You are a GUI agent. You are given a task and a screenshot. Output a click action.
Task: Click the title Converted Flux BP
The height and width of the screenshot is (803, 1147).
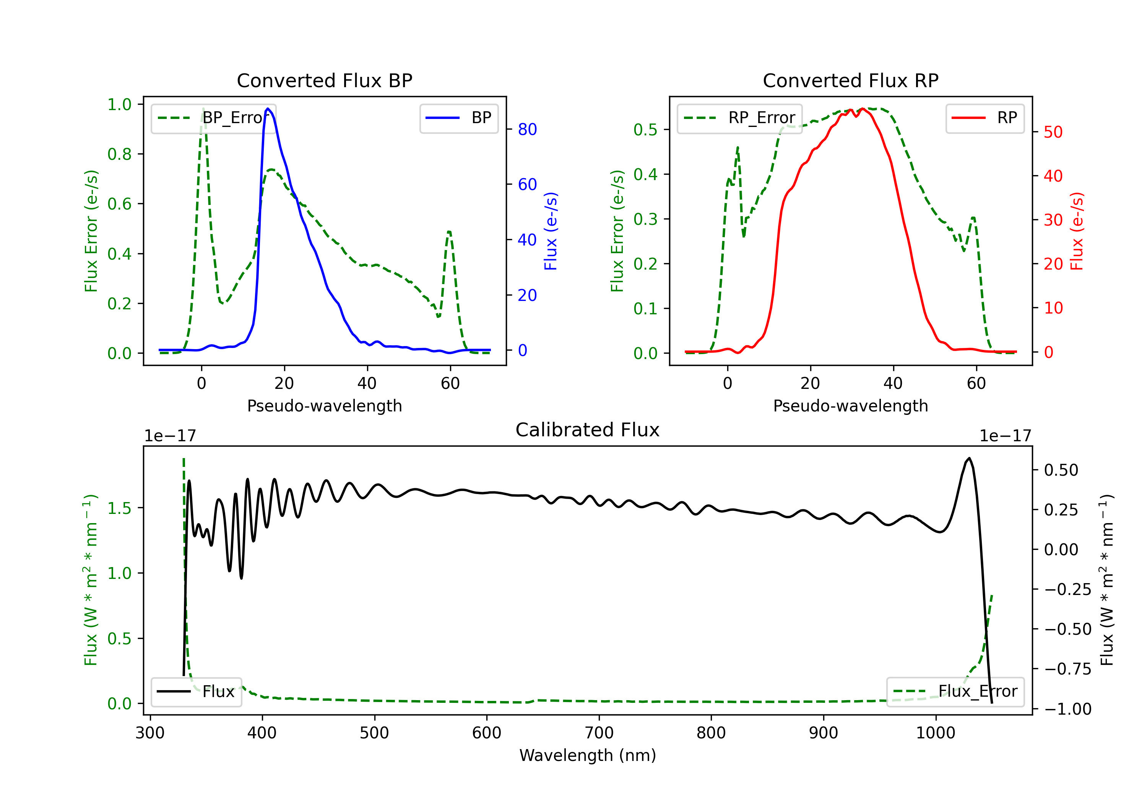(324, 80)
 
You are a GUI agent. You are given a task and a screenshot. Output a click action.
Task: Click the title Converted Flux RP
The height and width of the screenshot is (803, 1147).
(850, 80)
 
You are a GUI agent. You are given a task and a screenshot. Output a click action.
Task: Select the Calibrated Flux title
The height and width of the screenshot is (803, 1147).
(588, 430)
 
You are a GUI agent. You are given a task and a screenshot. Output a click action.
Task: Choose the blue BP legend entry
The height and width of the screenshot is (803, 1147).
(458, 118)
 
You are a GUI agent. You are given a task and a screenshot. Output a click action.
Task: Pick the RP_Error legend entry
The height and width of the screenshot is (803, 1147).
(739, 118)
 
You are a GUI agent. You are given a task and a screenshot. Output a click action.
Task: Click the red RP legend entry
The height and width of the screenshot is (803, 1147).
(984, 118)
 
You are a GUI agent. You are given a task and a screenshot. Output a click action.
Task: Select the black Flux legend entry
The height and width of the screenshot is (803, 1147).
(196, 692)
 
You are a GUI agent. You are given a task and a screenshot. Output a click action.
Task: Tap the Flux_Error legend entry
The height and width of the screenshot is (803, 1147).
(955, 692)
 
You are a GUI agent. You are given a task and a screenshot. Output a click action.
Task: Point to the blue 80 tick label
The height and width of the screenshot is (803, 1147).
(527, 129)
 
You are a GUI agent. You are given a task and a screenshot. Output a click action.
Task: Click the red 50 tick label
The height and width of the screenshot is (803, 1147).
(1053, 132)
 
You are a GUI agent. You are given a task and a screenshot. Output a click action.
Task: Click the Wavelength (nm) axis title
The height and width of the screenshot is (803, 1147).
(588, 755)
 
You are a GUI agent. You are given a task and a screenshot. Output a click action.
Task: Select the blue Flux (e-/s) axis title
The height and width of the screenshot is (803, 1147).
(551, 231)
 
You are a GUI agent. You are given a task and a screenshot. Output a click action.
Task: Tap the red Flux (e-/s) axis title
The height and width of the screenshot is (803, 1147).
(1077, 231)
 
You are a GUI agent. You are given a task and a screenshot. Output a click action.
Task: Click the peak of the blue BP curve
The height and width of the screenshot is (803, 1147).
(268, 109)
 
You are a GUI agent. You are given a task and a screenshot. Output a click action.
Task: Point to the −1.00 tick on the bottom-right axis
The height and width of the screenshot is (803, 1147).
(1067, 709)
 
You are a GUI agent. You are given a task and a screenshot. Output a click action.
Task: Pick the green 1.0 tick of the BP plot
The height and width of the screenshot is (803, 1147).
(119, 104)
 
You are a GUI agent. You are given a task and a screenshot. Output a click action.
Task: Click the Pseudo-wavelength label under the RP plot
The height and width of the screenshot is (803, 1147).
(850, 406)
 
